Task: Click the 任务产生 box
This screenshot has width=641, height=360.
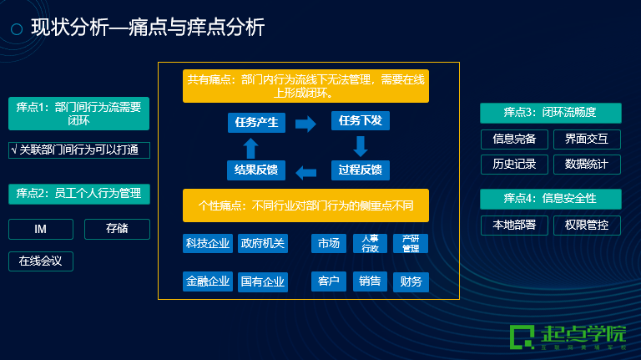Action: click(256, 123)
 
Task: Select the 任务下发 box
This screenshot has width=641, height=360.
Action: click(360, 122)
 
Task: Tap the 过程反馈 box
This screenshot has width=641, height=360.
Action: click(360, 171)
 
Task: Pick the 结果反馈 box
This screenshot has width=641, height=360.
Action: click(256, 171)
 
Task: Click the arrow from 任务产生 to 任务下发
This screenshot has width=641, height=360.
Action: click(306, 124)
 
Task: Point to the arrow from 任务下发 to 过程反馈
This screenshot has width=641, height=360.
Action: click(361, 147)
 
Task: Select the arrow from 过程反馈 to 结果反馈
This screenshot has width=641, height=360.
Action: click(306, 172)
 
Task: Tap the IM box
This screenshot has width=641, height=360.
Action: click(40, 229)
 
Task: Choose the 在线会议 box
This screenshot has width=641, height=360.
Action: click(41, 261)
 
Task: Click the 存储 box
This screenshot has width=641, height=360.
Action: click(117, 229)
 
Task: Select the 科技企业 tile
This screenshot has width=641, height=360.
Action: click(208, 243)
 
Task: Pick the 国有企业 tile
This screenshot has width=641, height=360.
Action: click(262, 281)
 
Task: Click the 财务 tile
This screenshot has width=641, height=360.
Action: click(411, 281)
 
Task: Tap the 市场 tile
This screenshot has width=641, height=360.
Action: click(328, 243)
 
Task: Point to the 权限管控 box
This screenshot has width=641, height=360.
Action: click(587, 225)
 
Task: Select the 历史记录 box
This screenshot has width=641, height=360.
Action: click(514, 164)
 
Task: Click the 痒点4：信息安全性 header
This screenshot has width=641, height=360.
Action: click(550, 199)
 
